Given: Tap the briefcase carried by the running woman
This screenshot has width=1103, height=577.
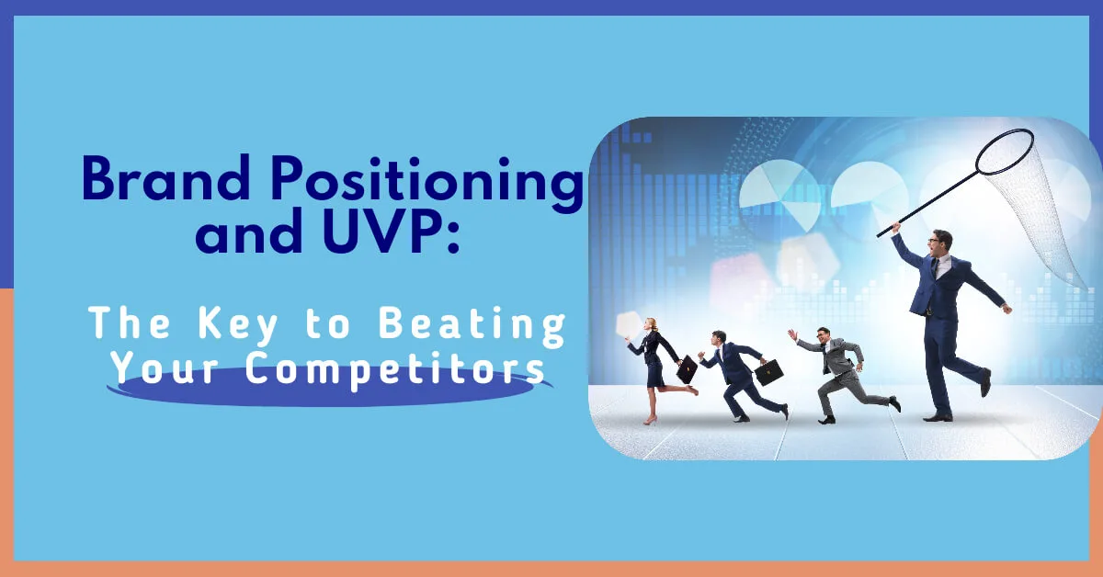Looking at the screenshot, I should [x=687, y=369].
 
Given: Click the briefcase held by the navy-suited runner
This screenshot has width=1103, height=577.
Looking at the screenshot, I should [x=768, y=371].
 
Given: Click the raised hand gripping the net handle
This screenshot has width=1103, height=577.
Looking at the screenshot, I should [x=895, y=227].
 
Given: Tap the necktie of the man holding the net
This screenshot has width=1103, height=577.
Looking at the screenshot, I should [x=935, y=269].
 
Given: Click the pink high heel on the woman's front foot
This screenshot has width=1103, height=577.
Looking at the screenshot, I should [x=650, y=420].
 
